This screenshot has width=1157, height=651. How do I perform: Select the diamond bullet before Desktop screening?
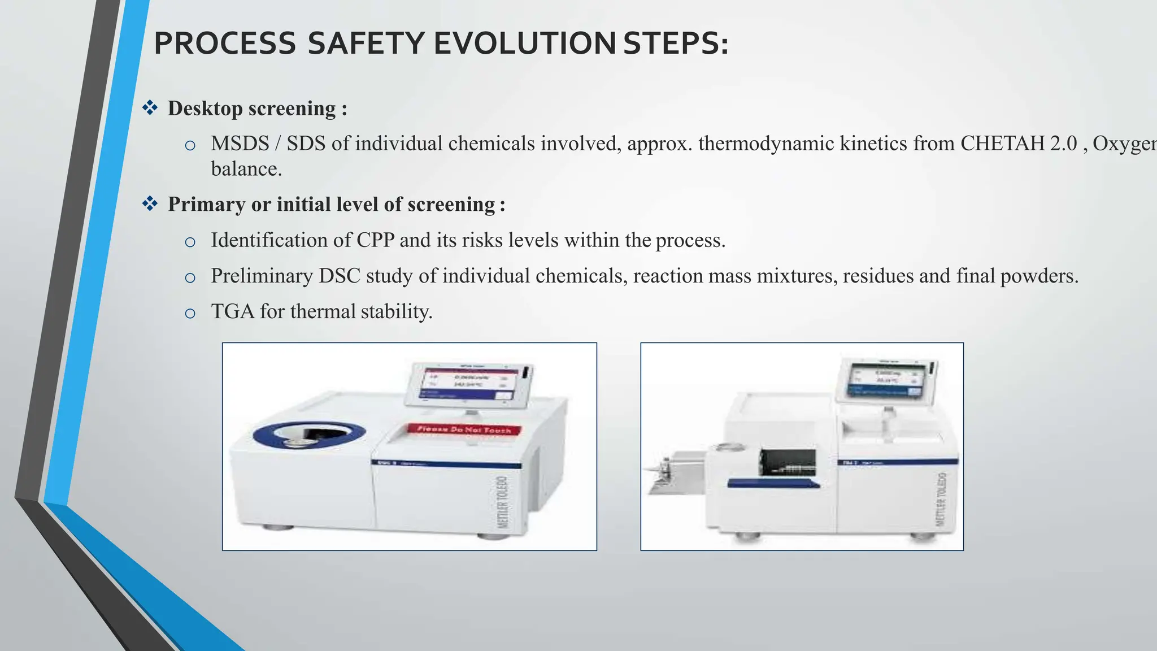coord(150,107)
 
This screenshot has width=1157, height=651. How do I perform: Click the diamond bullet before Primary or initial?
coord(150,203)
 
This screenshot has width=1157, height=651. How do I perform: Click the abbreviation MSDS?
coord(240,144)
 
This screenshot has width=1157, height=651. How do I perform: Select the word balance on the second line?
coord(246,169)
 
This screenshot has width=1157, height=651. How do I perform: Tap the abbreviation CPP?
coord(375,240)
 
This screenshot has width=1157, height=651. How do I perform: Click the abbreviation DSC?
coord(339,276)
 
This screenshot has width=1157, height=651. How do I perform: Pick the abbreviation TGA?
coord(232,311)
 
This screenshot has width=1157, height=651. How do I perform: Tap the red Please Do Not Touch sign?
coord(464,429)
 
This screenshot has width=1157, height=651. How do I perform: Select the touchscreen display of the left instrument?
coord(468,384)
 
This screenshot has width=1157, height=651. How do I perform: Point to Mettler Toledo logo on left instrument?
coord(502,502)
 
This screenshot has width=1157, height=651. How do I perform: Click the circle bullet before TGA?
coord(190,313)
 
